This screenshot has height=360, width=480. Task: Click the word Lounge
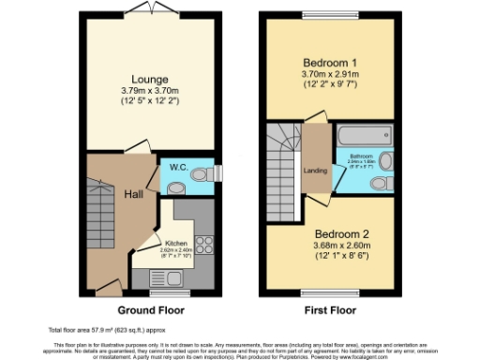click(x=151, y=79)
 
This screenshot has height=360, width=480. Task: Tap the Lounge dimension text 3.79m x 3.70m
click(x=151, y=90)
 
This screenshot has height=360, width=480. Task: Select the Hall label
click(x=135, y=194)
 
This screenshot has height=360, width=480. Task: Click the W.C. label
click(x=179, y=168)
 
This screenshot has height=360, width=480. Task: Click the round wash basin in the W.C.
click(x=210, y=172)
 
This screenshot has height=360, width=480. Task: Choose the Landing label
click(x=315, y=171)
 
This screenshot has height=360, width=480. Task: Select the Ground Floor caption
click(x=150, y=309)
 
